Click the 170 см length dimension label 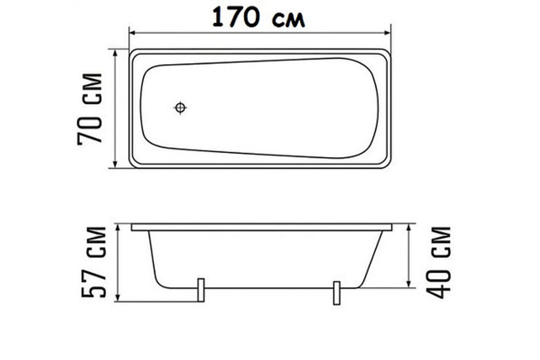[x=259, y=17]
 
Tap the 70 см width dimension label [x=90, y=109]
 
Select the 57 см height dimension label [x=93, y=262]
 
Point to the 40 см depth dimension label [x=438, y=262]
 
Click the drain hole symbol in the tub [x=180, y=108]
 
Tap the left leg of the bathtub [x=201, y=290]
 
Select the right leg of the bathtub [x=337, y=293]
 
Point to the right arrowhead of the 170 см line [x=387, y=33]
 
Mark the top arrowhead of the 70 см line [x=116, y=52]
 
